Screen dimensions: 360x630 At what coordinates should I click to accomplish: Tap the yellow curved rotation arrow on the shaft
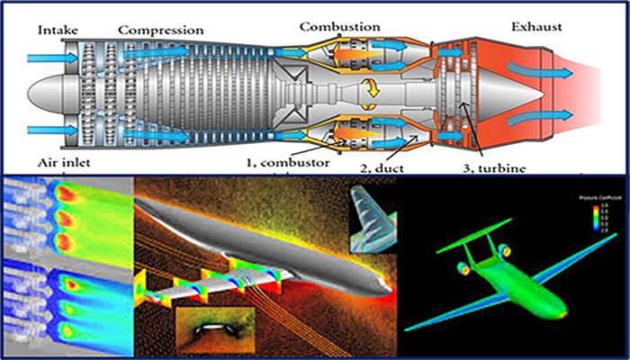click(369, 88)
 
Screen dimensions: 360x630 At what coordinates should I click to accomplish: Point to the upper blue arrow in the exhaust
click(540, 69)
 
